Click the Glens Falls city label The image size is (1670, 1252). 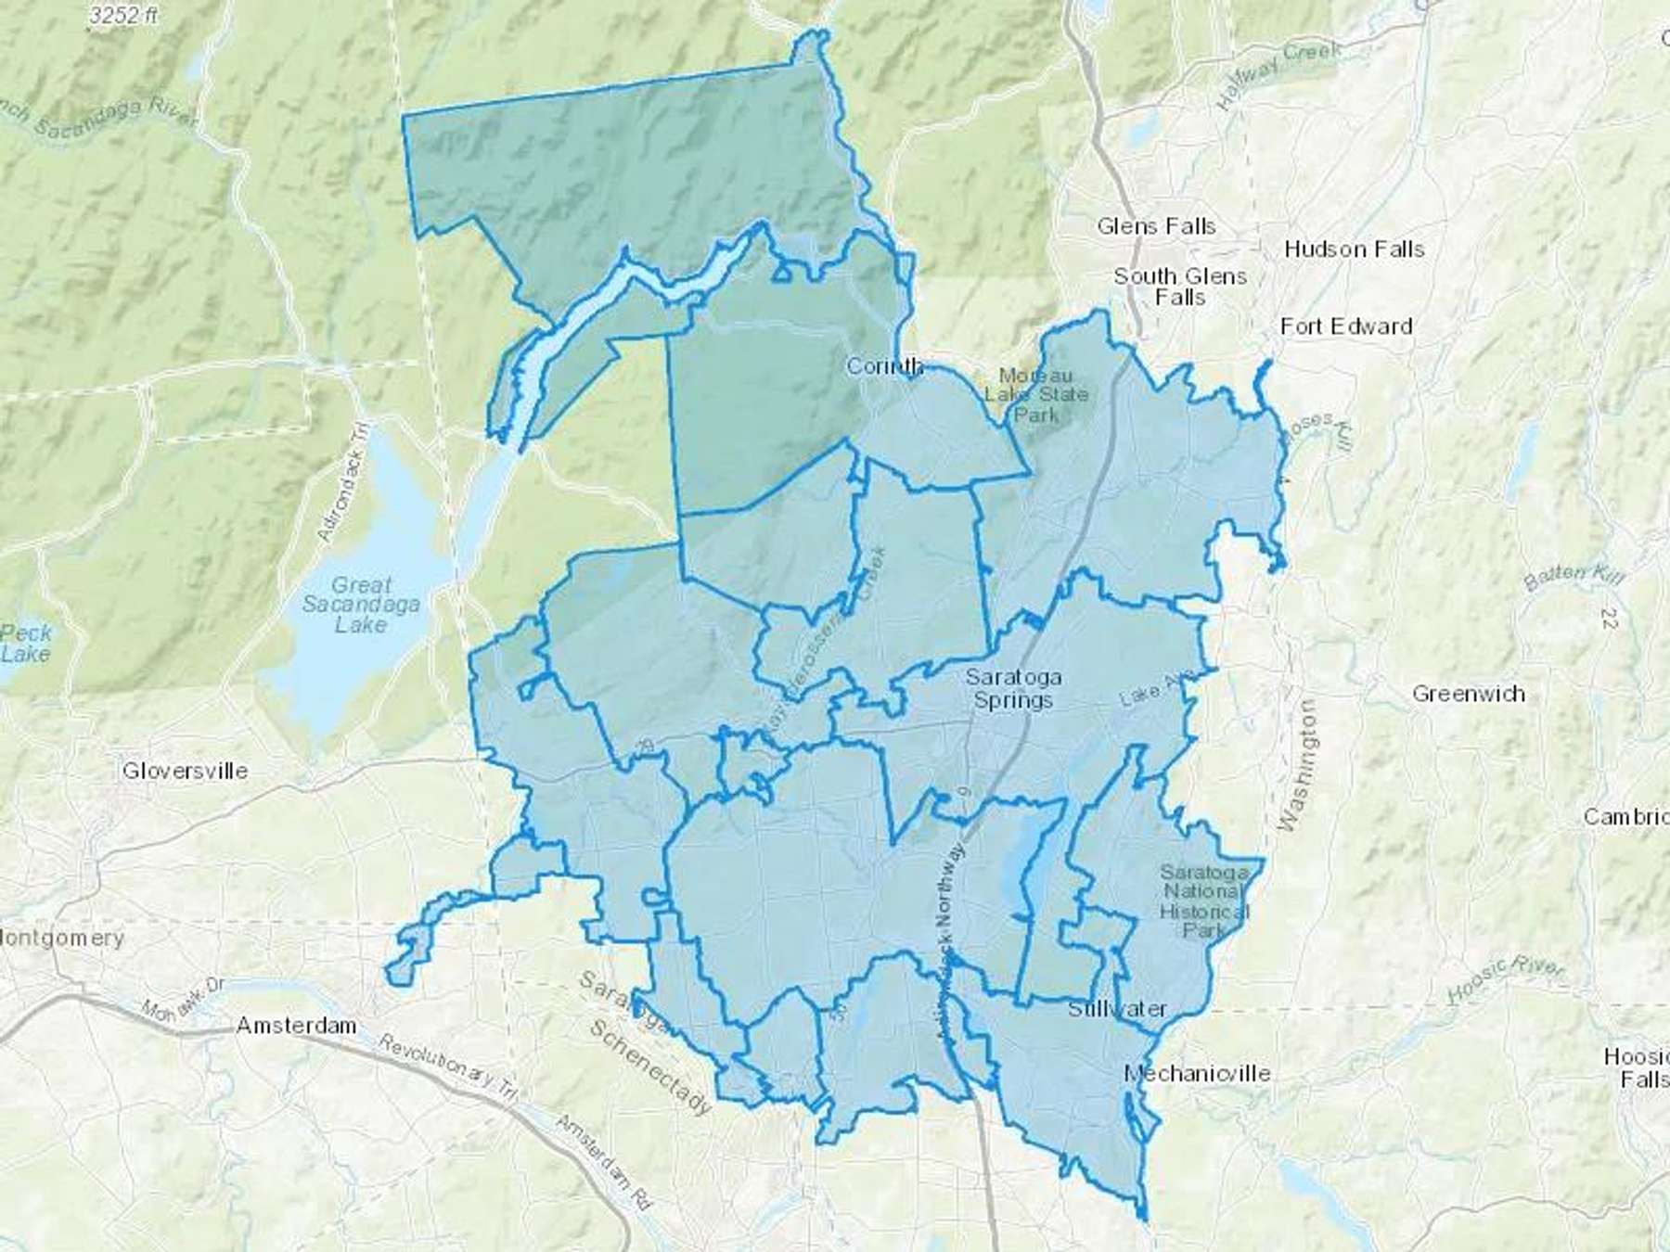tap(1155, 226)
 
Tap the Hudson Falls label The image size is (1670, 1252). tap(1354, 249)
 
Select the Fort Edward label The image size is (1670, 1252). tap(1345, 326)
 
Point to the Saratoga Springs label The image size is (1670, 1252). tap(1012, 688)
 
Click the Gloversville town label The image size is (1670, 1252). tap(185, 771)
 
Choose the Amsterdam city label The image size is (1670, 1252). tap(296, 1026)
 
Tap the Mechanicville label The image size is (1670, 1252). tap(1197, 1074)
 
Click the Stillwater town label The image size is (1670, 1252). tap(1117, 1009)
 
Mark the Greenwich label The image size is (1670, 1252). tap(1468, 694)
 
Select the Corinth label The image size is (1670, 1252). tap(884, 366)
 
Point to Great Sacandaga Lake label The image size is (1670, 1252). tap(361, 605)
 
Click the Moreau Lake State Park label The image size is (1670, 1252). tap(1035, 395)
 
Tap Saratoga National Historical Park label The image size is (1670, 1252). tap(1203, 901)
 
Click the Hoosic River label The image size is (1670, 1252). tap(1505, 980)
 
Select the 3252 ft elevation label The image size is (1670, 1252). tap(123, 16)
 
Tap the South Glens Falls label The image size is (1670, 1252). tap(1180, 287)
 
